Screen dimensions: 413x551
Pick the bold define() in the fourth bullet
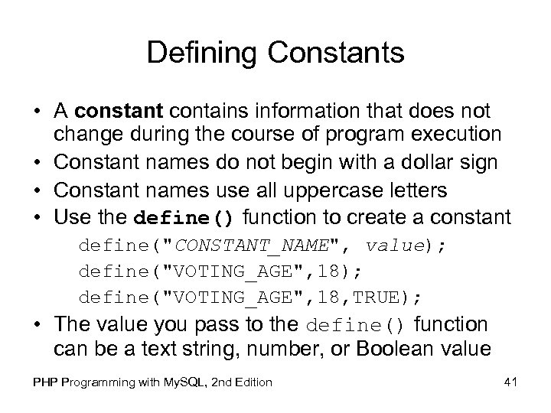183,216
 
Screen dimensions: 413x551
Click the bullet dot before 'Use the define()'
37,216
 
